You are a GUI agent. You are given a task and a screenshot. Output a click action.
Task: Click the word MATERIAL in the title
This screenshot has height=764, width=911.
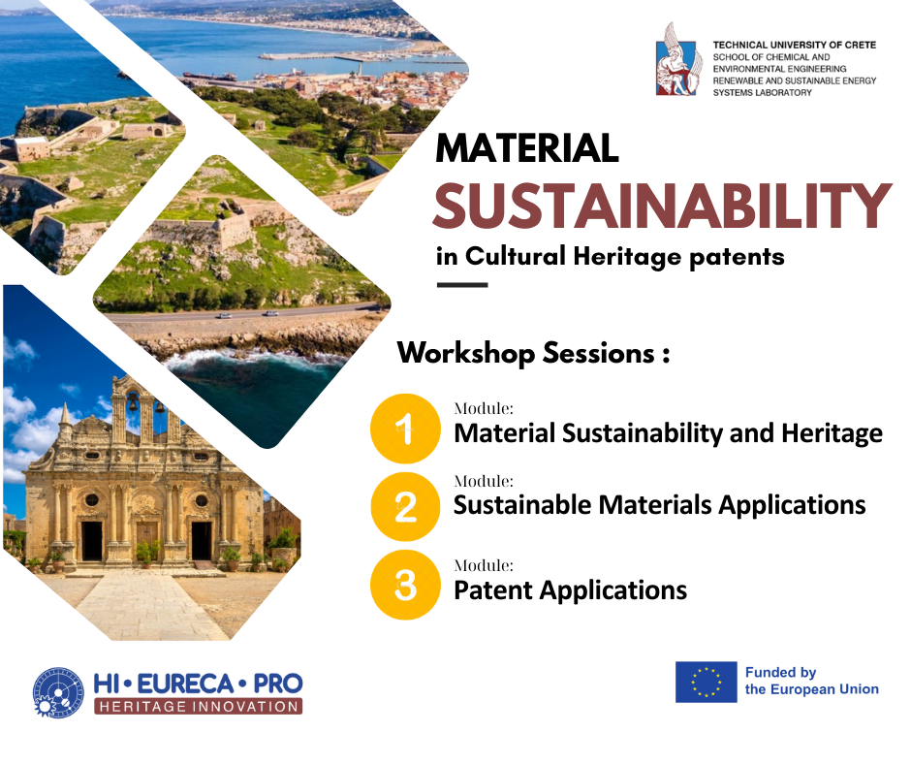[527, 148]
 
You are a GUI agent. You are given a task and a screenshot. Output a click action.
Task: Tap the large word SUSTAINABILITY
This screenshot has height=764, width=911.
[661, 206]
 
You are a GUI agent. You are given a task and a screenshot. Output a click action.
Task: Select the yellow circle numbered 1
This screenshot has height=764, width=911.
[405, 429]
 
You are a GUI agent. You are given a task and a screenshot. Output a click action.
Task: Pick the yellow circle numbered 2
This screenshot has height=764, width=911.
[405, 506]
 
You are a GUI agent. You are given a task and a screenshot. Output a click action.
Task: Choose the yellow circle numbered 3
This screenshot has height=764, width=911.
[405, 585]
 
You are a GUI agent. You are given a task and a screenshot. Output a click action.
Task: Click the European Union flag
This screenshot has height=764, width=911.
[706, 682]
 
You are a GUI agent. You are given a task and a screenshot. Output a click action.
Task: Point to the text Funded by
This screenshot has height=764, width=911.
[780, 672]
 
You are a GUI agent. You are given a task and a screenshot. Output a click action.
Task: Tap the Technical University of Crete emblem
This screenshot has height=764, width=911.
[679, 59]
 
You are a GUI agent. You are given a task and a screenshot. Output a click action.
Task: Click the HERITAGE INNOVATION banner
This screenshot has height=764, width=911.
[198, 706]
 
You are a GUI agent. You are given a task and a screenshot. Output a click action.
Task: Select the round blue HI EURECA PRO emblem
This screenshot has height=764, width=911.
[59, 692]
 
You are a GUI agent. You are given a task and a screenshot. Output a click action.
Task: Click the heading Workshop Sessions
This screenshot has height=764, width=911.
[533, 353]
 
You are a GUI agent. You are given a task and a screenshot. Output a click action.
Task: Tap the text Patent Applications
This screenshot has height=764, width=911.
[570, 589]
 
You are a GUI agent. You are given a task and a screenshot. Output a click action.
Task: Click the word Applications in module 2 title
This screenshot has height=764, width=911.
[786, 505]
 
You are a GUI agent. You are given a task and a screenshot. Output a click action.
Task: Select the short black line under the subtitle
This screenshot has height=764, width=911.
[462, 285]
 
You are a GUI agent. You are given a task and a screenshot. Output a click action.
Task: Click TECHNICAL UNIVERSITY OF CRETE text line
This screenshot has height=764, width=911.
[794, 45]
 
